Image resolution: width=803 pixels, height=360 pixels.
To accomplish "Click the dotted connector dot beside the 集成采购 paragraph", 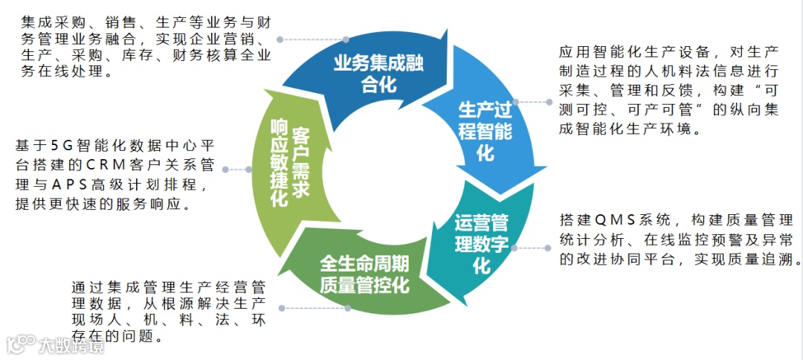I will point(280,39).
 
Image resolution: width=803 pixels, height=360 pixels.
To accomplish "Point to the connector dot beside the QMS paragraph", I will point(516,247).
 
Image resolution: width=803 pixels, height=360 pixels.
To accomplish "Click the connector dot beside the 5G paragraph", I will point(228,170).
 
